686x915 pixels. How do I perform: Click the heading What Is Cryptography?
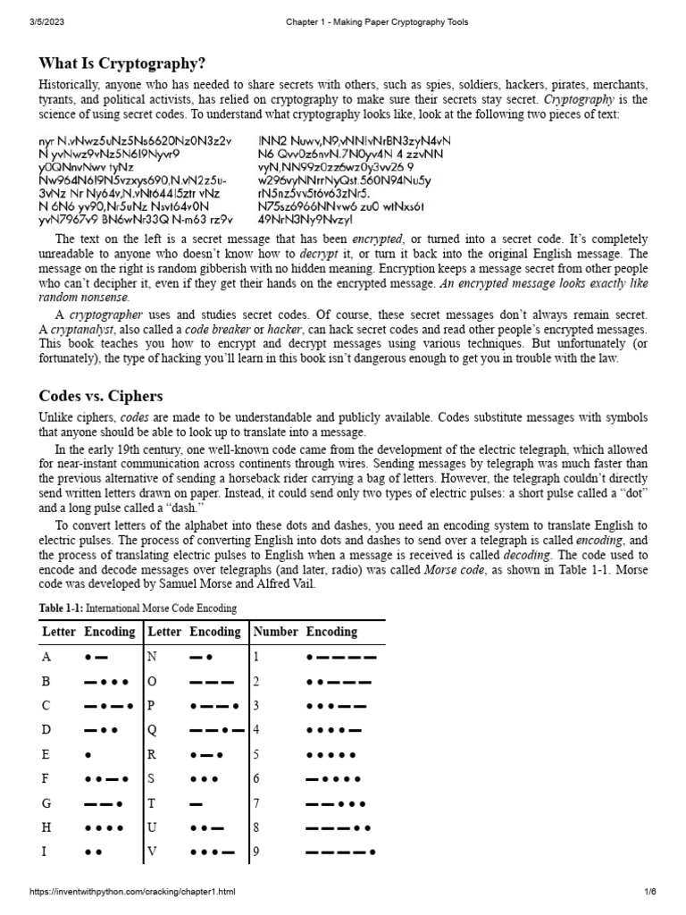pyautogui.click(x=122, y=63)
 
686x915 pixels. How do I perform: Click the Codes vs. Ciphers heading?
pyautogui.click(x=100, y=395)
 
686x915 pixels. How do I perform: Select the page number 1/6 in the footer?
pyautogui.click(x=650, y=893)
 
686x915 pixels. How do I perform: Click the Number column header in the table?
pyautogui.click(x=274, y=632)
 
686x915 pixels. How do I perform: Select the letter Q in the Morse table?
pyautogui.click(x=152, y=729)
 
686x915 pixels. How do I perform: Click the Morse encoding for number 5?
pyautogui.click(x=331, y=754)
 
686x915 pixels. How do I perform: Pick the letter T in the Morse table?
pyautogui.click(x=151, y=803)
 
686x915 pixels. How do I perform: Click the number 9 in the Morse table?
pyautogui.click(x=255, y=852)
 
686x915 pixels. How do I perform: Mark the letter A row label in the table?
pyautogui.click(x=46, y=657)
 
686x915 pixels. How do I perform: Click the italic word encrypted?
pyautogui.click(x=378, y=239)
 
